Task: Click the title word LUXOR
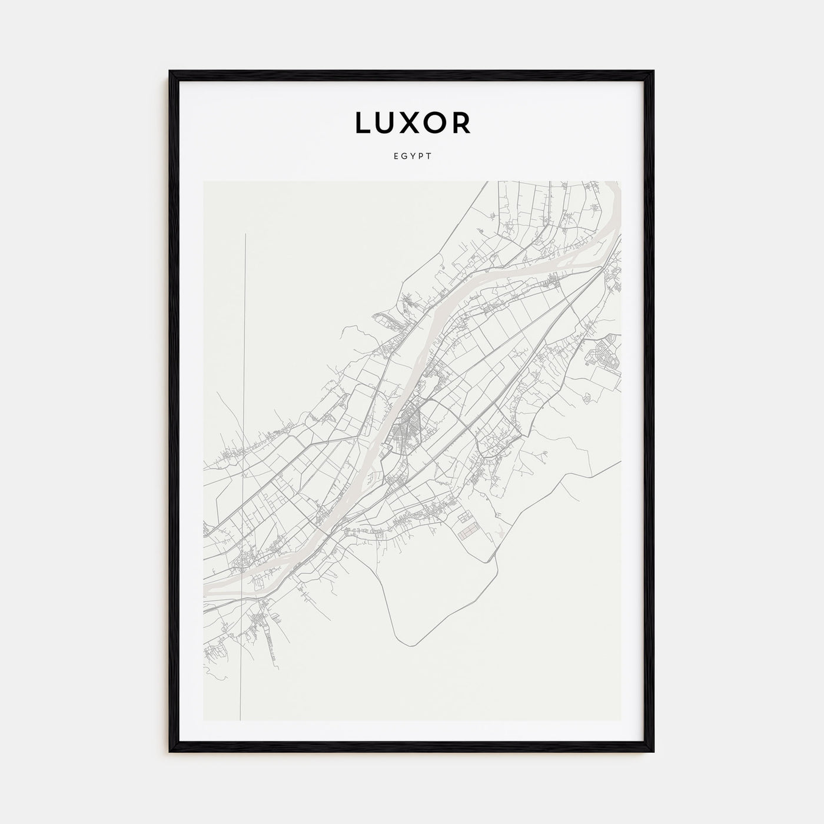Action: pos(412,123)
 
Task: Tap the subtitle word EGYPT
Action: pos(412,157)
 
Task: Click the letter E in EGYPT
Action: pos(394,157)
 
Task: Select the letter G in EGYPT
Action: pos(403,157)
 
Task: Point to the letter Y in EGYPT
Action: pos(412,157)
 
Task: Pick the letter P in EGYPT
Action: pos(421,157)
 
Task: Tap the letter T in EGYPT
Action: pos(430,157)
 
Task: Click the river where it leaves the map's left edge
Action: pos(205,589)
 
